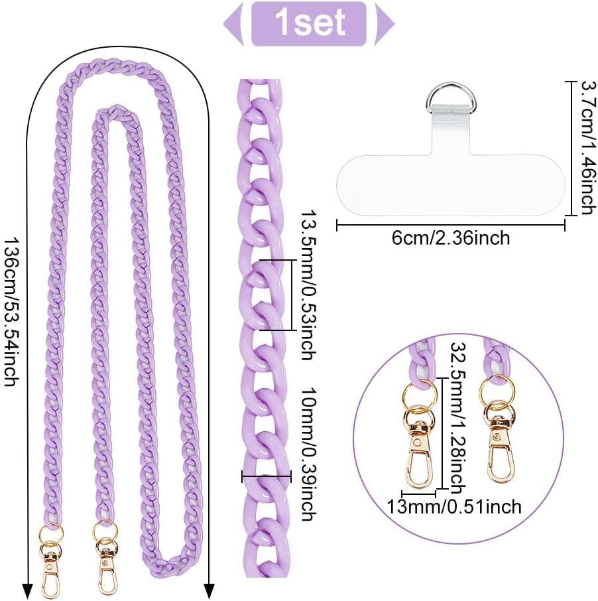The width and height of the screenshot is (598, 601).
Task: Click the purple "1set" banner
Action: pyautogui.click(x=308, y=23)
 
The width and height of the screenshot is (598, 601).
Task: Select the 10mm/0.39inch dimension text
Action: pyautogui.click(x=307, y=444)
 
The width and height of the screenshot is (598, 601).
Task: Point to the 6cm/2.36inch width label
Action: pyautogui.click(x=451, y=237)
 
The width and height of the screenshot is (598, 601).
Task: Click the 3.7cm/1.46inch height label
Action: pyautogui.click(x=585, y=147)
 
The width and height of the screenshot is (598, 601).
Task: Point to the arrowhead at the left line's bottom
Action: pyautogui.click(x=29, y=589)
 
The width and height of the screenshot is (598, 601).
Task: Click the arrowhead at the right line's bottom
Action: pyautogui.click(x=209, y=589)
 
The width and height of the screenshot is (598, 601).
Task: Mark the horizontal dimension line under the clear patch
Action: pyautogui.click(x=451, y=226)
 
